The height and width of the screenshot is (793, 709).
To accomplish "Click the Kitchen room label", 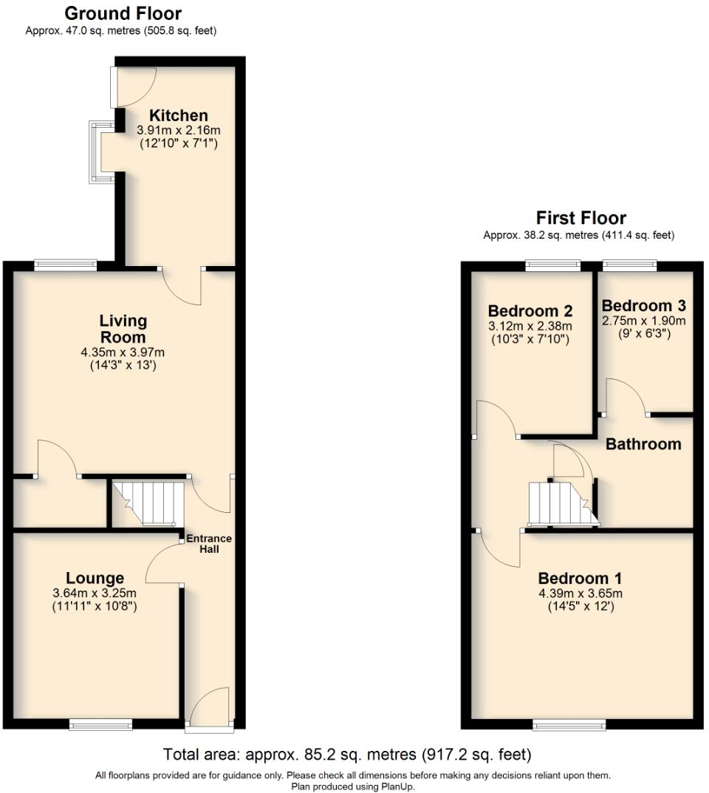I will click(178, 115).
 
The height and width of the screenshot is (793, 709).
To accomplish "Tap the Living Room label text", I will click(123, 329).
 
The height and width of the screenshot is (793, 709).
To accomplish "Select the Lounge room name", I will click(95, 578).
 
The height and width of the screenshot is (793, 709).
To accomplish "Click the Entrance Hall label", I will click(208, 543).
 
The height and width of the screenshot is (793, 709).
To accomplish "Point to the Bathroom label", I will click(643, 444).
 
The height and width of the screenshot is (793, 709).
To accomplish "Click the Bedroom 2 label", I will click(530, 310).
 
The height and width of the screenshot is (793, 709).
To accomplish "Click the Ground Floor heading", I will click(123, 13).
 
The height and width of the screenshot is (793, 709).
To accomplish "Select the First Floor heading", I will click(580, 218).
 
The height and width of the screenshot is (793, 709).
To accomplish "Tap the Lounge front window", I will click(101, 724).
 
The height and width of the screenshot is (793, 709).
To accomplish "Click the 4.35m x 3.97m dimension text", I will click(123, 353).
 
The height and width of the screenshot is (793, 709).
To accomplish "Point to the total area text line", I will click(347, 755).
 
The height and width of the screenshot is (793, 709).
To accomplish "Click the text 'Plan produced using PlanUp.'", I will click(353, 786).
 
